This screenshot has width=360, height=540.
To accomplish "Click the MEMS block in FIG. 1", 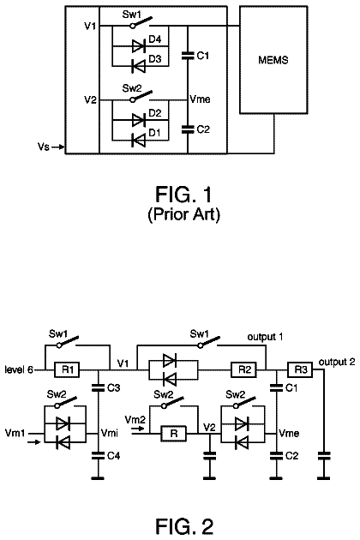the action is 273,60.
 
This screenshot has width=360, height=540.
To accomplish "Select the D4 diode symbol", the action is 139,46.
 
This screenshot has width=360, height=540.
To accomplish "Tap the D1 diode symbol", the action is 139,141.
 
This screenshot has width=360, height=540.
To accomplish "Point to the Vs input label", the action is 44,147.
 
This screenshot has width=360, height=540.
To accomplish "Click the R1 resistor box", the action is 67,370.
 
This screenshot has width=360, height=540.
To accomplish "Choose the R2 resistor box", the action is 244,370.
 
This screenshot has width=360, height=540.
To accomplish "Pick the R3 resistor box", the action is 300,370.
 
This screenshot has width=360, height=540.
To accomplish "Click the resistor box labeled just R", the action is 174,434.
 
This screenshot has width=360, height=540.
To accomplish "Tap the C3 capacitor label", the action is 113,388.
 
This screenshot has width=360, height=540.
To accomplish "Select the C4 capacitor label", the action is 113,456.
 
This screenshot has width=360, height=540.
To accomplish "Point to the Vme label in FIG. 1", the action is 200,99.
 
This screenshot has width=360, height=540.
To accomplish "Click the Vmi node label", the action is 110,433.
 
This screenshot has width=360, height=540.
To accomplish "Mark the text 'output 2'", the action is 337,362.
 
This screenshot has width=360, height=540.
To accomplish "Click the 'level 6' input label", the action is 19,370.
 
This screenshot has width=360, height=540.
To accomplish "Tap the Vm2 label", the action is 135,420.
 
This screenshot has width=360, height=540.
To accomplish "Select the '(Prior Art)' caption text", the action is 183,214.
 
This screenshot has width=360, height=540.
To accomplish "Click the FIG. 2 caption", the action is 184,526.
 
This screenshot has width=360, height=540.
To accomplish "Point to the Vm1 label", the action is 15,433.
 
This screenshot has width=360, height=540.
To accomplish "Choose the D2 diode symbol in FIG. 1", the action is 139,120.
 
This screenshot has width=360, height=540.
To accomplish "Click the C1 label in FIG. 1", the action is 203,56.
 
